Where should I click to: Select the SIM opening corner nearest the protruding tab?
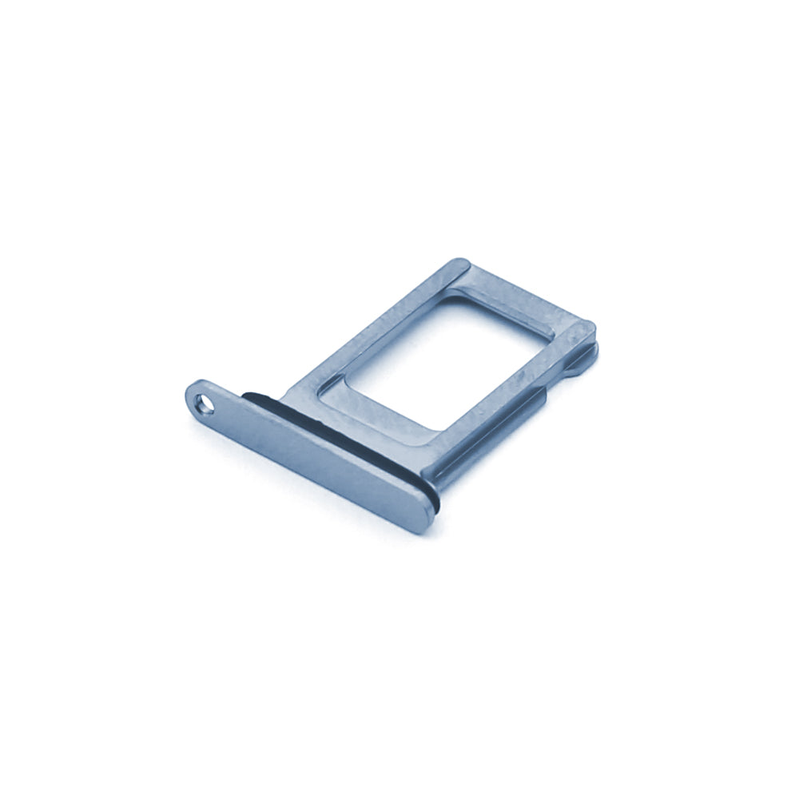[551, 336]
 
